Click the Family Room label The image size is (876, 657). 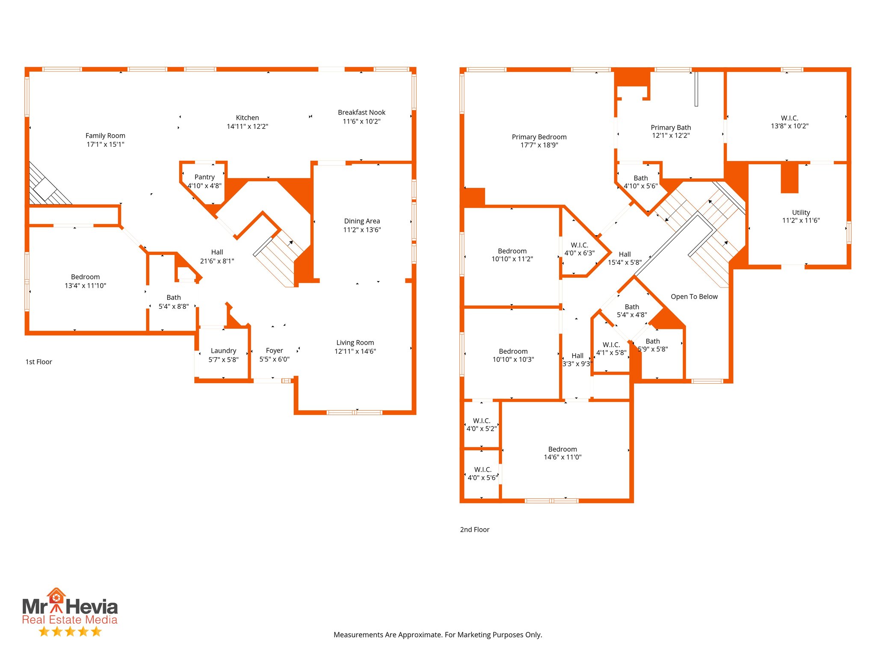tap(105, 136)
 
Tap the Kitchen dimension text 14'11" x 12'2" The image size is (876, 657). tap(247, 127)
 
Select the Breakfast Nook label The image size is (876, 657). tap(361, 112)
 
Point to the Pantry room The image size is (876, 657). tap(204, 181)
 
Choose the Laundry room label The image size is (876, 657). tap(223, 351)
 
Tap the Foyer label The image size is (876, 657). tap(274, 351)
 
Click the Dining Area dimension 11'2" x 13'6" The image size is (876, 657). tap(362, 230)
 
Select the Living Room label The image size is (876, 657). tap(355, 343)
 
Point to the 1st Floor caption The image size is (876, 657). tap(38, 362)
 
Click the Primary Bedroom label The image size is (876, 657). tap(539, 137)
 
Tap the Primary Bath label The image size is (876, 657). tap(671, 127)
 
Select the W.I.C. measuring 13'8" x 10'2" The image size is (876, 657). tap(789, 122)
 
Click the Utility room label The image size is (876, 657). tap(801, 213)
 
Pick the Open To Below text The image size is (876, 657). tap(694, 297)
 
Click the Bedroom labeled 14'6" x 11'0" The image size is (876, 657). tap(562, 453)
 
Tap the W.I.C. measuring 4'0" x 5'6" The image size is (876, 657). tap(482, 474)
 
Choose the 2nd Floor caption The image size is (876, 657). tap(474, 530)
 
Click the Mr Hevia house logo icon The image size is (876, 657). tap(56, 597)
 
